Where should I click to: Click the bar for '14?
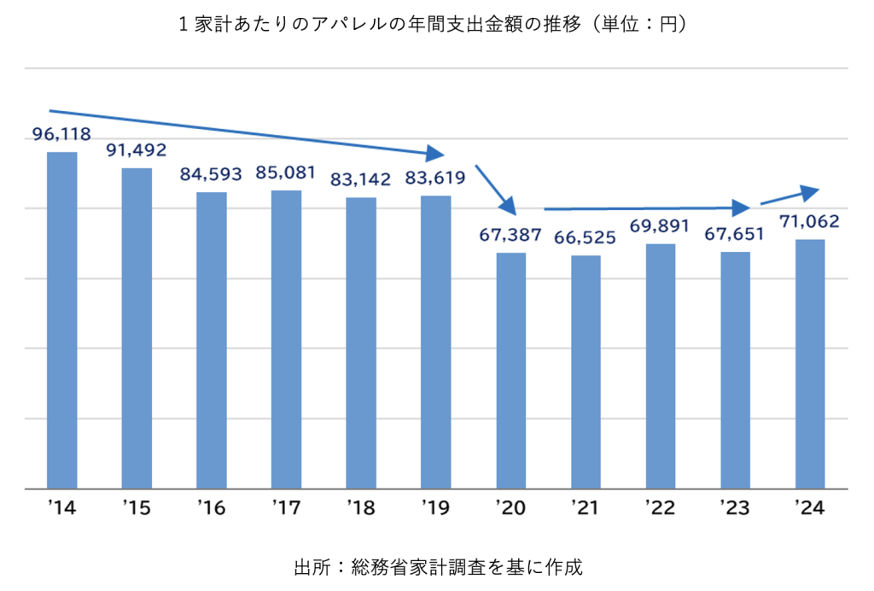[x=61, y=320]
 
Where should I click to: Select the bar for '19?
[x=436, y=342]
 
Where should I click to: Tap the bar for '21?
[x=586, y=372]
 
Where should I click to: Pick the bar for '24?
[x=809, y=364]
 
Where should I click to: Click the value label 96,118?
[x=61, y=134]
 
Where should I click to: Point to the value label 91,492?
[x=136, y=150]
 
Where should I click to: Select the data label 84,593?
[x=212, y=174]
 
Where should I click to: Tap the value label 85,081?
[x=287, y=173]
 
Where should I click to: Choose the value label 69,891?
[x=661, y=226]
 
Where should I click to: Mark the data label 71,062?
[x=809, y=222]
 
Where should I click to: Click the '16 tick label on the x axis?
[x=211, y=509]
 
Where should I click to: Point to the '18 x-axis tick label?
[x=361, y=509]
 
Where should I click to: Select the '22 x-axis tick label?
[x=661, y=509]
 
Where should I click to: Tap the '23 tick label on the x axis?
[x=735, y=509]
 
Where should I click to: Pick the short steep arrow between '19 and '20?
[x=496, y=190]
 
